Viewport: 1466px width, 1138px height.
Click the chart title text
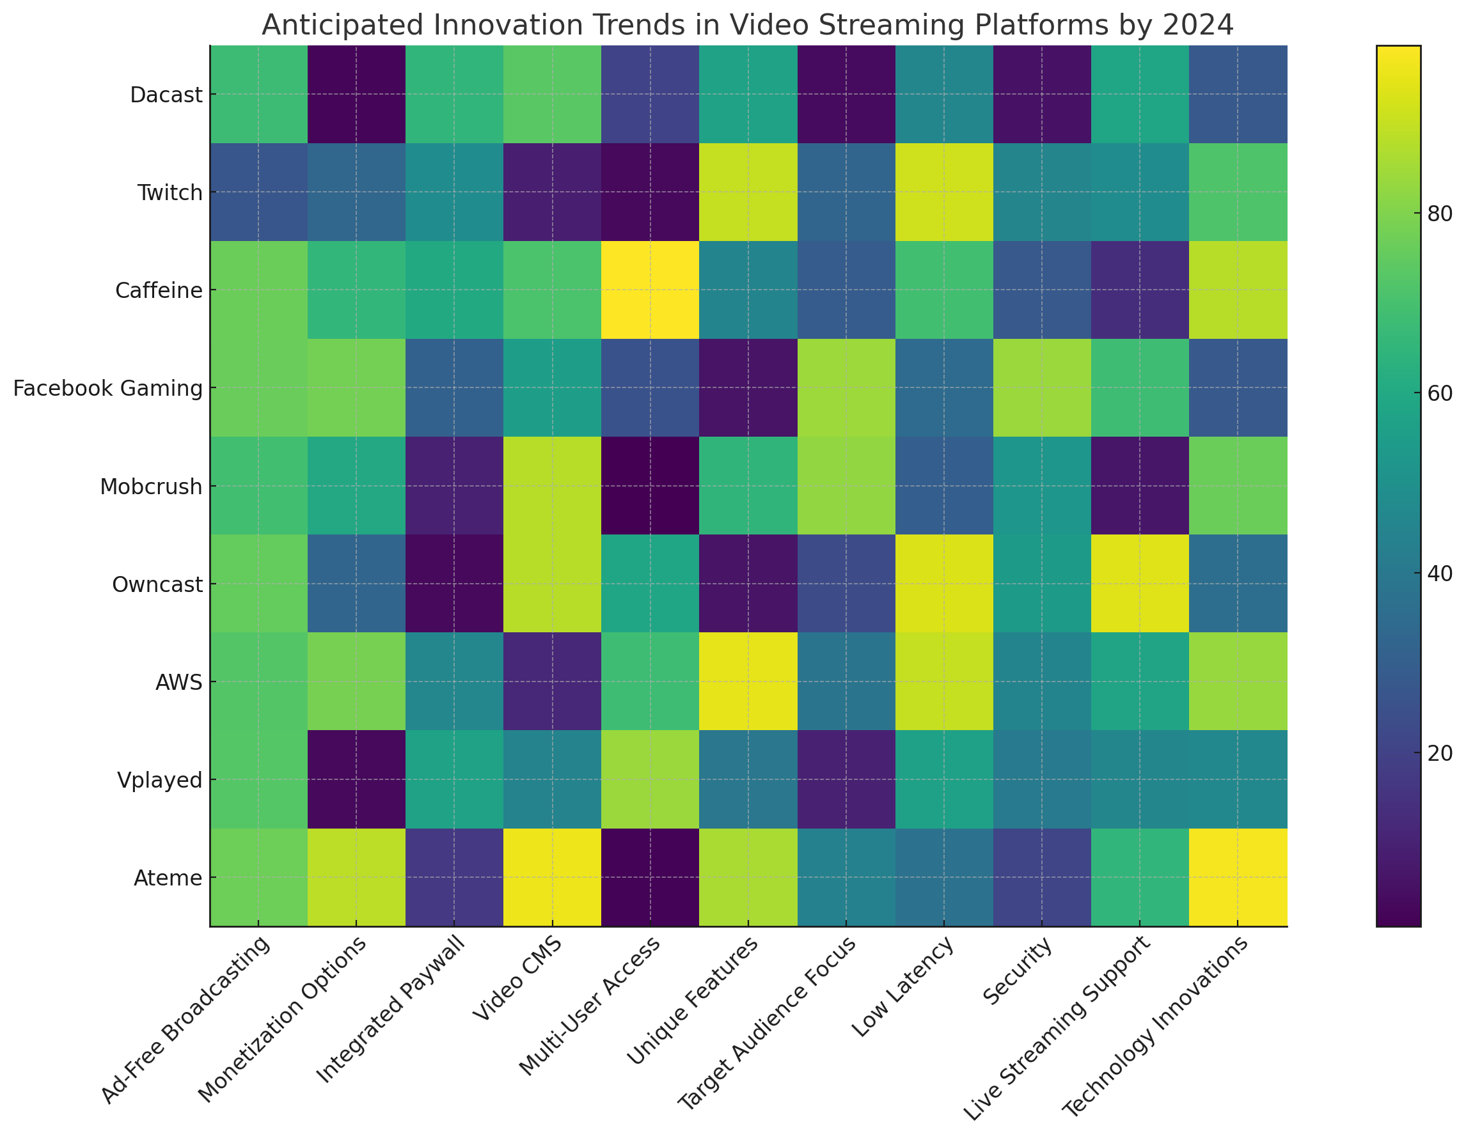(748, 26)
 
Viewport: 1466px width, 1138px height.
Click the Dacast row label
(166, 95)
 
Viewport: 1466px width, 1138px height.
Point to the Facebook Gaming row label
(107, 389)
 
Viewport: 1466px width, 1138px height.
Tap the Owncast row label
(157, 584)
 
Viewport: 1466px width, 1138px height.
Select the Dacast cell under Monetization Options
(356, 95)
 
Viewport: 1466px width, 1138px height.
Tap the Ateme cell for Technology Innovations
(1238, 878)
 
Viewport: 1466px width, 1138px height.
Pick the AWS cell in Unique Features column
(748, 682)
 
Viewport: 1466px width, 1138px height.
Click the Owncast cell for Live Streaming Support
(1140, 584)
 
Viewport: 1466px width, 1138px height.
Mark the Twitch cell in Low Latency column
(945, 193)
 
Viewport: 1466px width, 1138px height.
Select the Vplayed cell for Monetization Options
(356, 780)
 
